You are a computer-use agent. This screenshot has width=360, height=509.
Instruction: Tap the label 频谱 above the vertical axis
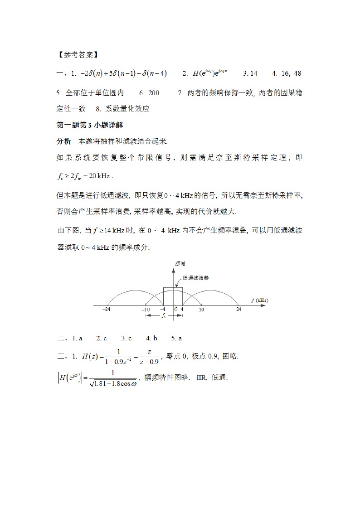click(180, 263)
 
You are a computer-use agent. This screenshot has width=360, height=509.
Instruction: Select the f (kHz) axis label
click(259, 300)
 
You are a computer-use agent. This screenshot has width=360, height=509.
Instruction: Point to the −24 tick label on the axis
click(107, 310)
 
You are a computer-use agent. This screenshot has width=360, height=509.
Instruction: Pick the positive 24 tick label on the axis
click(238, 310)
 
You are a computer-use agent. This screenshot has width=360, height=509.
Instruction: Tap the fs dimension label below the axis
click(164, 316)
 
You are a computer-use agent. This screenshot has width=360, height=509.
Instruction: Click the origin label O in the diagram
click(175, 310)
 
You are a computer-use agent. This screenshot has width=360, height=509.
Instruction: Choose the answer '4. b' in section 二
click(151, 338)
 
